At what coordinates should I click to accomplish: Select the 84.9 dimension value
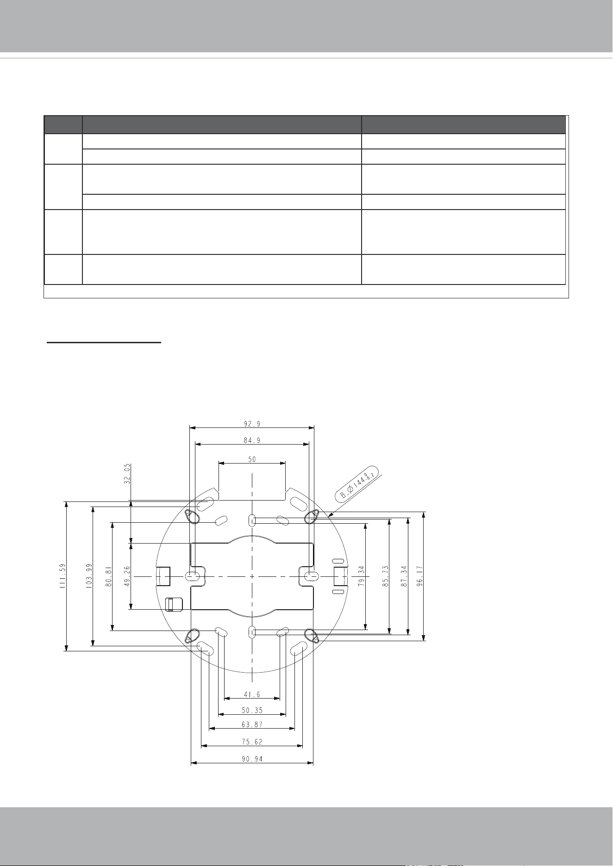(252, 441)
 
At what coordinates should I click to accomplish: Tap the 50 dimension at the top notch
(252, 460)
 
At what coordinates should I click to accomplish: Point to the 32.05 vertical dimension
(127, 473)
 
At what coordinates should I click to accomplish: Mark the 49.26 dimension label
(127, 576)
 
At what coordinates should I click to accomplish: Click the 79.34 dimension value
(362, 576)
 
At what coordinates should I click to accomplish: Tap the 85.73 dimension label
(385, 576)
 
